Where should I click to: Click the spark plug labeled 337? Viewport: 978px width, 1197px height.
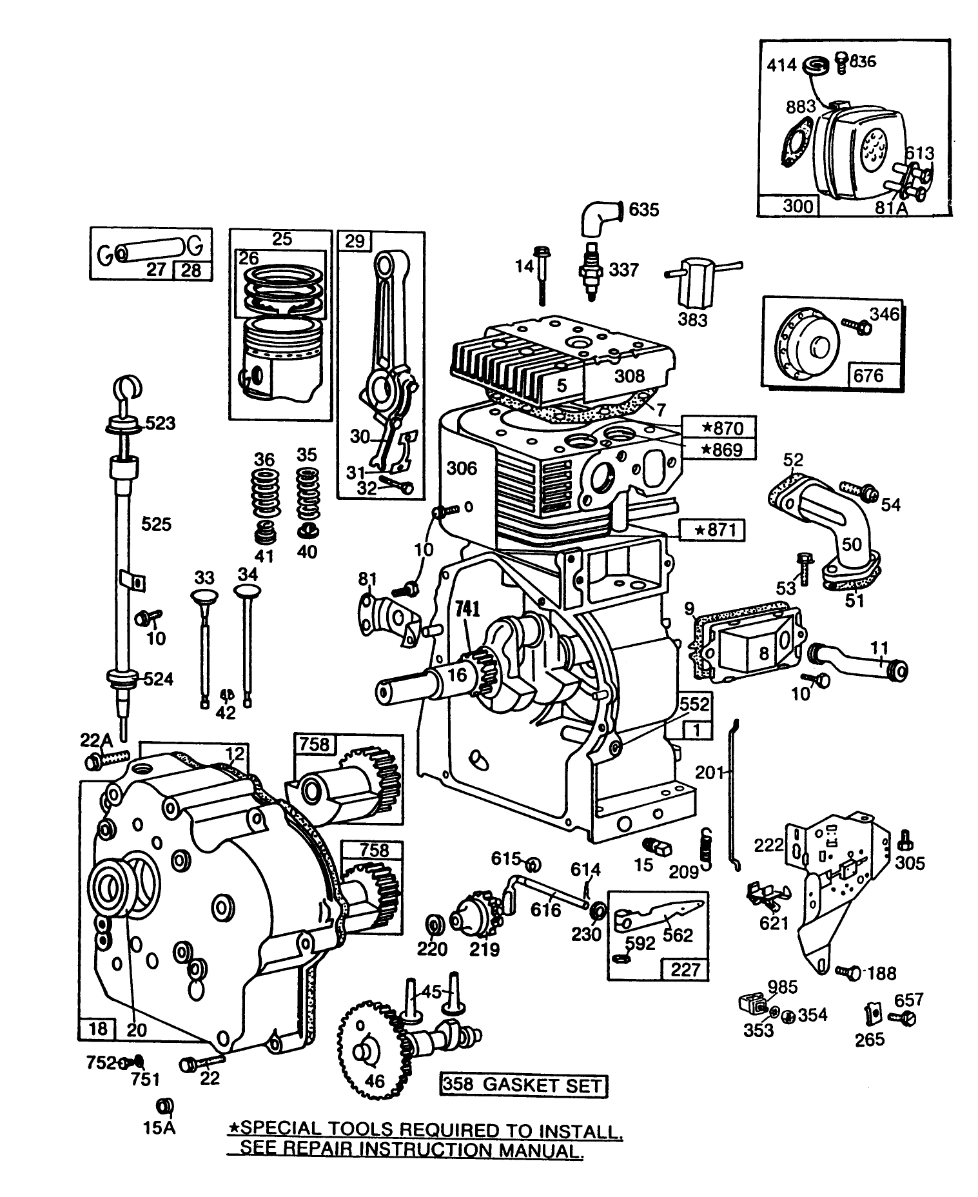(588, 271)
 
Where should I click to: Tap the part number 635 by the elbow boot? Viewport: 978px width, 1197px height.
(643, 210)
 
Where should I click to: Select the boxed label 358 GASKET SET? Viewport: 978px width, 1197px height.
(524, 1085)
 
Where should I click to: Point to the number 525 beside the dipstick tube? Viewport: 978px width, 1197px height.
(156, 524)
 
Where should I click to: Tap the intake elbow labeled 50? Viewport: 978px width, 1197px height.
(838, 529)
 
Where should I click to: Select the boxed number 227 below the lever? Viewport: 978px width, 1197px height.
(685, 969)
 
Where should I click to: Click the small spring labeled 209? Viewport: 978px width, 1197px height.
(707, 844)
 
